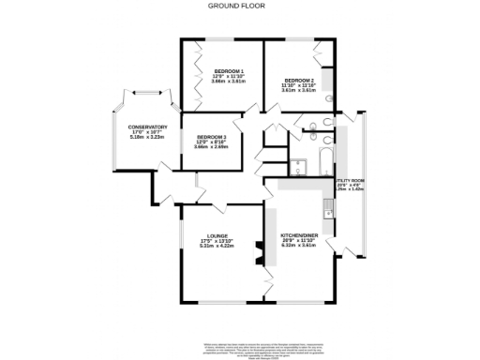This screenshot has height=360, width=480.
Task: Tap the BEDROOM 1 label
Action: [x=228, y=71]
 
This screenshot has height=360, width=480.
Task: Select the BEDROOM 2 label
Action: [x=297, y=81]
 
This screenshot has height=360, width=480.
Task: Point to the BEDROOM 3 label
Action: [x=212, y=137]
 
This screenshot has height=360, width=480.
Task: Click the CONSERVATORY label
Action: [x=147, y=127]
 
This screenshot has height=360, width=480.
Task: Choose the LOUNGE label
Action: [x=217, y=235]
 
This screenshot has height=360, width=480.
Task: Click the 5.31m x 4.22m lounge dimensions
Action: [x=217, y=247]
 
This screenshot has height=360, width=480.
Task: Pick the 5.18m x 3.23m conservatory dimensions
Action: [x=147, y=138]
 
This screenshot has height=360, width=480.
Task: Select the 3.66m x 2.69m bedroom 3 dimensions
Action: [x=212, y=147]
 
